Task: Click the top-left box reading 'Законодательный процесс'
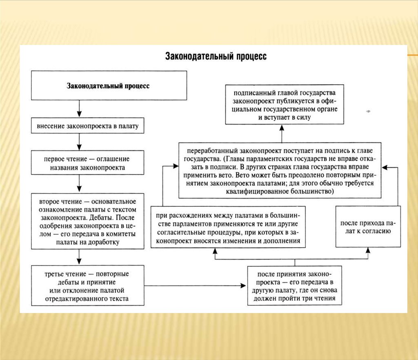[x=108, y=86]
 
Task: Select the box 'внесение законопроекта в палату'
[x=88, y=126]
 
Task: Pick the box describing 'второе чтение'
[x=88, y=221]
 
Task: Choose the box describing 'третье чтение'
[x=88, y=285]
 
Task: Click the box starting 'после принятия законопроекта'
[x=294, y=286]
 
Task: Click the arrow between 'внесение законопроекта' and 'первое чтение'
[x=80, y=142]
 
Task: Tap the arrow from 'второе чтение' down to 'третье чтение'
[x=80, y=257]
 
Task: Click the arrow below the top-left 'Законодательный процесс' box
[x=80, y=109]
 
